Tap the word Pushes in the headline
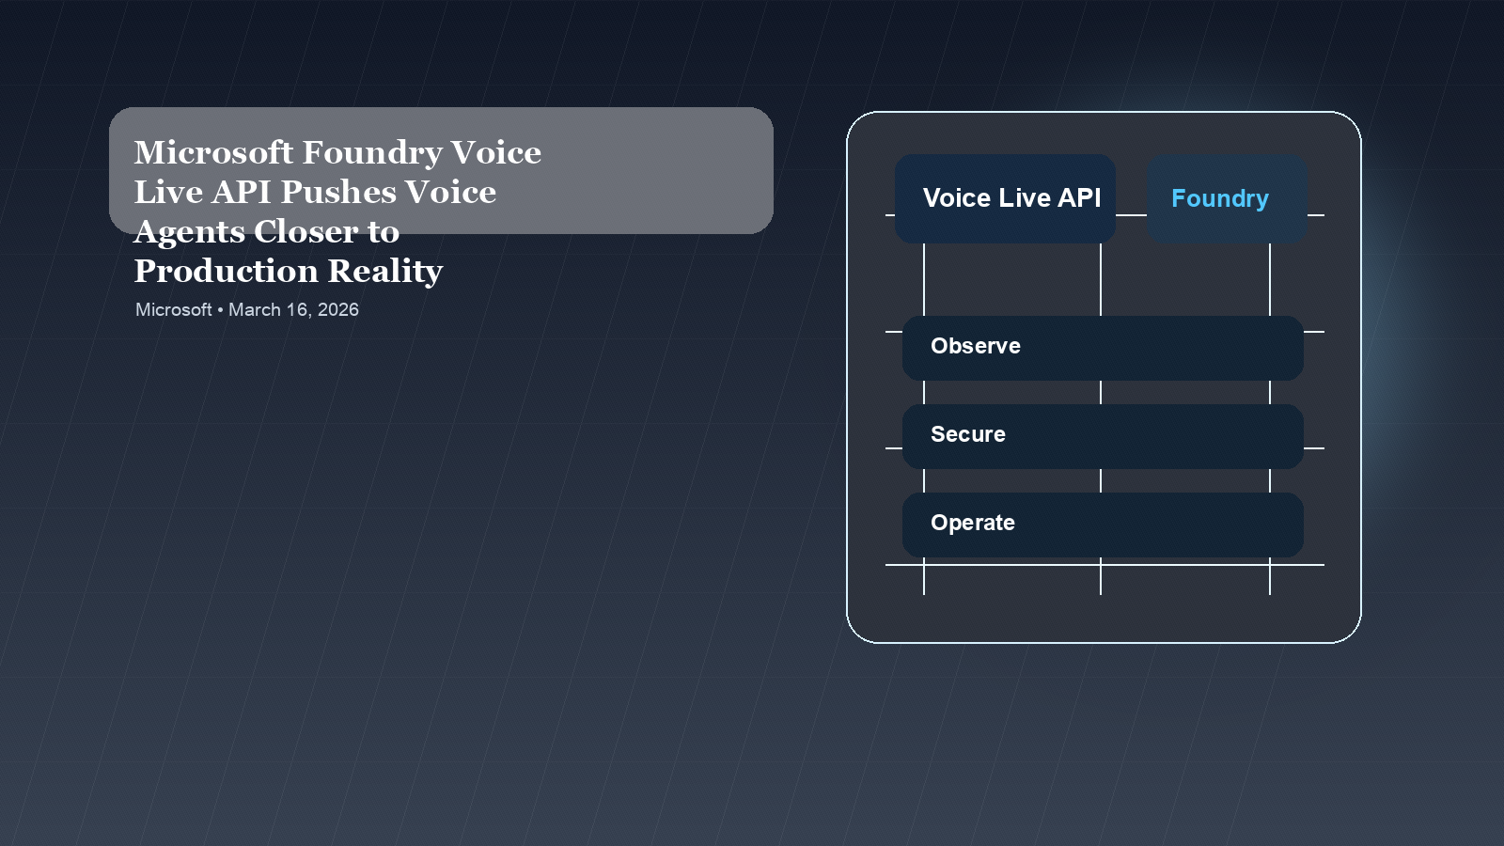[338, 192]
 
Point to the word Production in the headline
[227, 271]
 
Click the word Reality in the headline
[385, 272]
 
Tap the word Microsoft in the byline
[174, 309]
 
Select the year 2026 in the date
[337, 309]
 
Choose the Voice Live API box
[1005, 198]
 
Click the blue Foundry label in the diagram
[1220, 198]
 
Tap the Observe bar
[1103, 348]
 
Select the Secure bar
[1103, 436]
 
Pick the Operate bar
[1103, 525]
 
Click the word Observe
[976, 346]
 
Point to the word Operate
[973, 523]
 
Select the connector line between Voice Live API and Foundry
[1131, 215]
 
